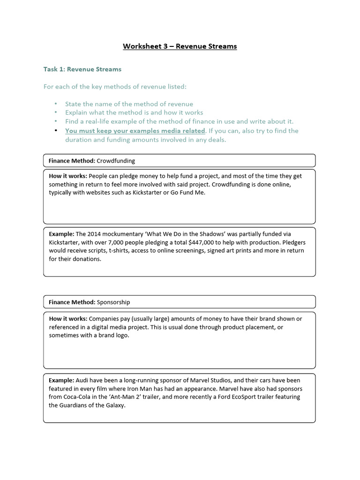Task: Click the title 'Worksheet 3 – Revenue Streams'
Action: (x=180, y=46)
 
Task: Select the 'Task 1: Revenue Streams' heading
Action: (x=82, y=69)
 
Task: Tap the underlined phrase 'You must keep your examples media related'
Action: (x=135, y=131)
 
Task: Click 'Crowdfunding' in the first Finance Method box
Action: (x=116, y=161)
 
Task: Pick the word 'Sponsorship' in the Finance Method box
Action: (x=113, y=302)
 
